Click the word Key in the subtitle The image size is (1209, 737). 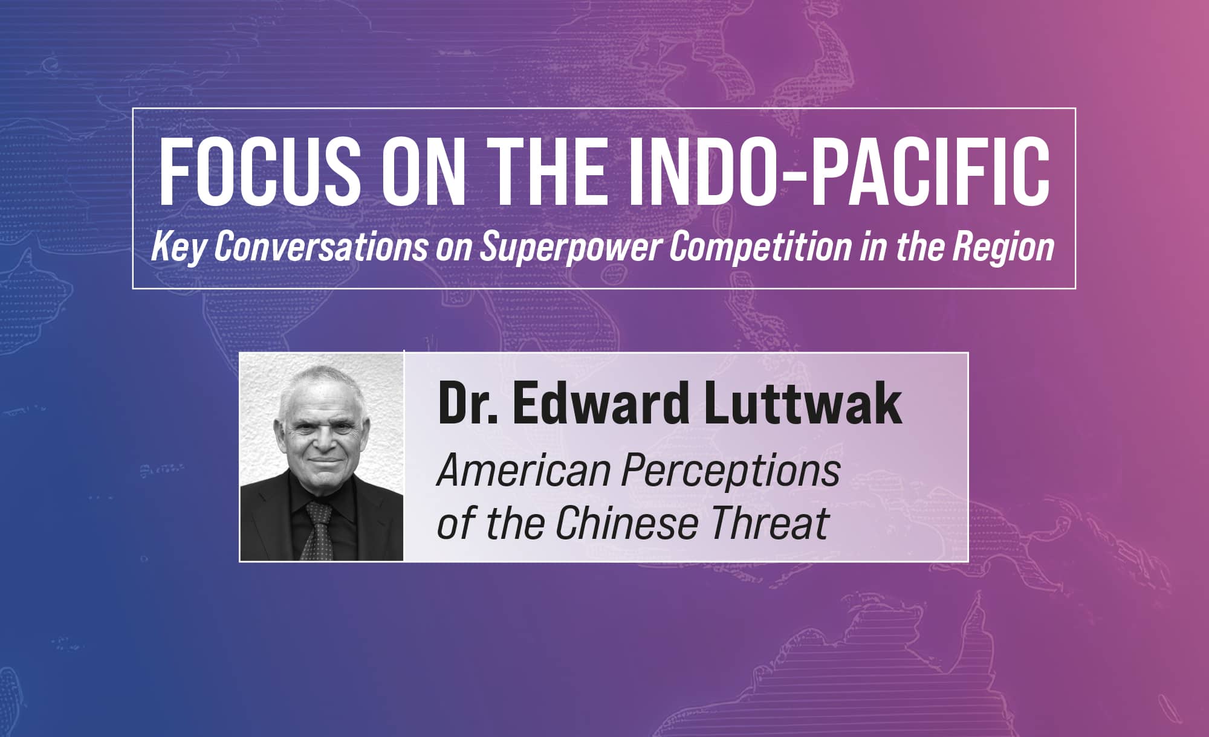(x=179, y=248)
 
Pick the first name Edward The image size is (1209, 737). (x=602, y=404)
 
